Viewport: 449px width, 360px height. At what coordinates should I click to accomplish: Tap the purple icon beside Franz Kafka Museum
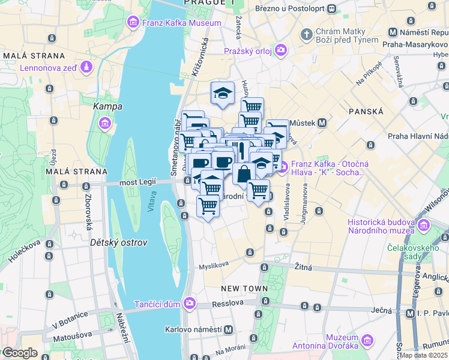pyautogui.click(x=133, y=23)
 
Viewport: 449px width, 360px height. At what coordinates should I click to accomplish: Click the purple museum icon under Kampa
pyautogui.click(x=106, y=124)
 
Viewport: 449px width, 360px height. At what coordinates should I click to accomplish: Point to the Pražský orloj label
pyautogui.click(x=248, y=51)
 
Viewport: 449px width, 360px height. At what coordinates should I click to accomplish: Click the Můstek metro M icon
pyautogui.click(x=322, y=123)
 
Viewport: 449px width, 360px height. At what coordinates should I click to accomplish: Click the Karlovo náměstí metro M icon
pyautogui.click(x=228, y=329)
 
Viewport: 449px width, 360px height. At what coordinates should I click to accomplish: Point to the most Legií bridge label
pyautogui.click(x=137, y=182)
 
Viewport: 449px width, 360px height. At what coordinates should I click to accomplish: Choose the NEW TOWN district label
pyautogui.click(x=244, y=289)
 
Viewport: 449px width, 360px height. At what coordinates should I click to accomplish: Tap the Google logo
pyautogui.click(x=20, y=353)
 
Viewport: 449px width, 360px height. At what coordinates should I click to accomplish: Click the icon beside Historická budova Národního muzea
pyautogui.click(x=424, y=226)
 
